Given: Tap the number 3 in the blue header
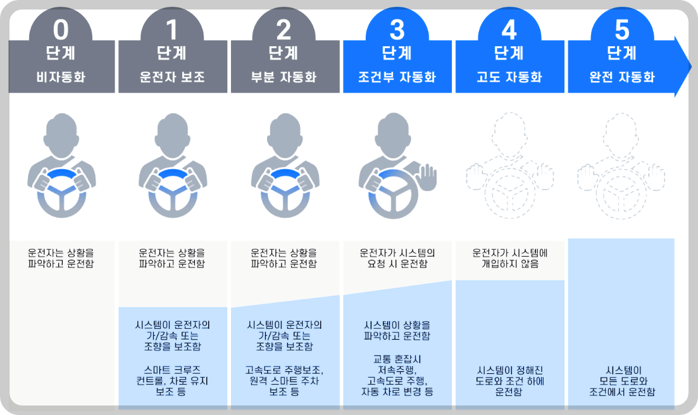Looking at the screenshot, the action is pos(397,29).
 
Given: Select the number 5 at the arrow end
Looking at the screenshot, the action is pos(622,29).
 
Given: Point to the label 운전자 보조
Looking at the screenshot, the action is pos(172,78).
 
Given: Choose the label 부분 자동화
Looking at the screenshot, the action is pos(284,78).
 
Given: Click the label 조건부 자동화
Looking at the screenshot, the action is pos(397,78).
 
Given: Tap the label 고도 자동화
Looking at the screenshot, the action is pos(509,78).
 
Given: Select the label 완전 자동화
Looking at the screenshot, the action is pos(622,78).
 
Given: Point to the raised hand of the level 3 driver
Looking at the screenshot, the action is pos(428,177).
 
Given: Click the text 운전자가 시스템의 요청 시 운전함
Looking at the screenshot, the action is pos(397,258).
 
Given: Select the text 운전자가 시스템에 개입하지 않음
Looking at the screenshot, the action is pos(509,258).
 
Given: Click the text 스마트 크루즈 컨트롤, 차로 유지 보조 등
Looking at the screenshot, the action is pos(172,380).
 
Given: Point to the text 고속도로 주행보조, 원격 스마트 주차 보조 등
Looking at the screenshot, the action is pos(284,380).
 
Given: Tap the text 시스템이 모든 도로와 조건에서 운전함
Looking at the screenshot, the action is pos(622,380).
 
